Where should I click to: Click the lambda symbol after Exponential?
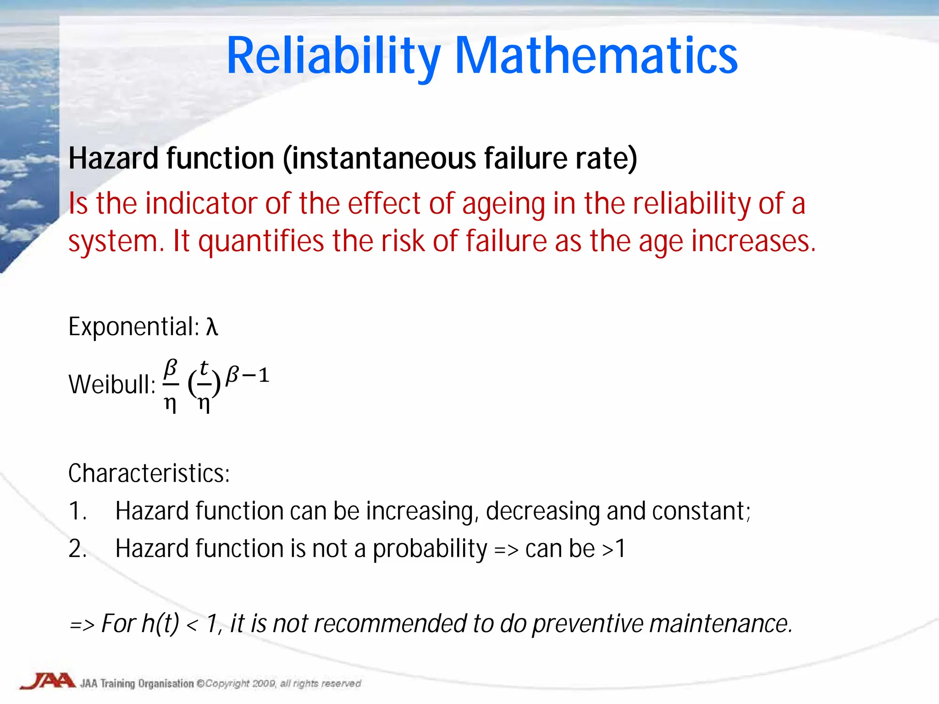211,327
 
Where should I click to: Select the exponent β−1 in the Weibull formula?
247,375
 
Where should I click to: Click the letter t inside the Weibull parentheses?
204,367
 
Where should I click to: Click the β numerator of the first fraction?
171,368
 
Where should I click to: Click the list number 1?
77,511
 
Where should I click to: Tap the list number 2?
77,549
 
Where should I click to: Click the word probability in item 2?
430,549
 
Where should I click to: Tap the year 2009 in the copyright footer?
263,684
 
